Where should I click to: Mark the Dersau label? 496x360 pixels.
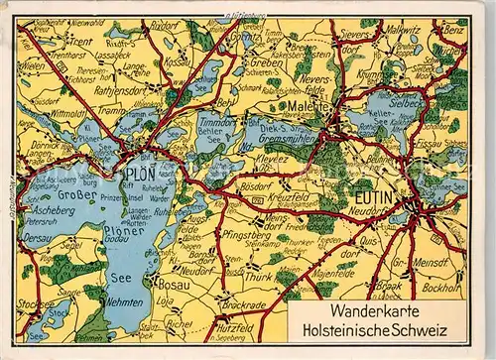click(35, 238)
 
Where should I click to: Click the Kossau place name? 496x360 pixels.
click(178, 60)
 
